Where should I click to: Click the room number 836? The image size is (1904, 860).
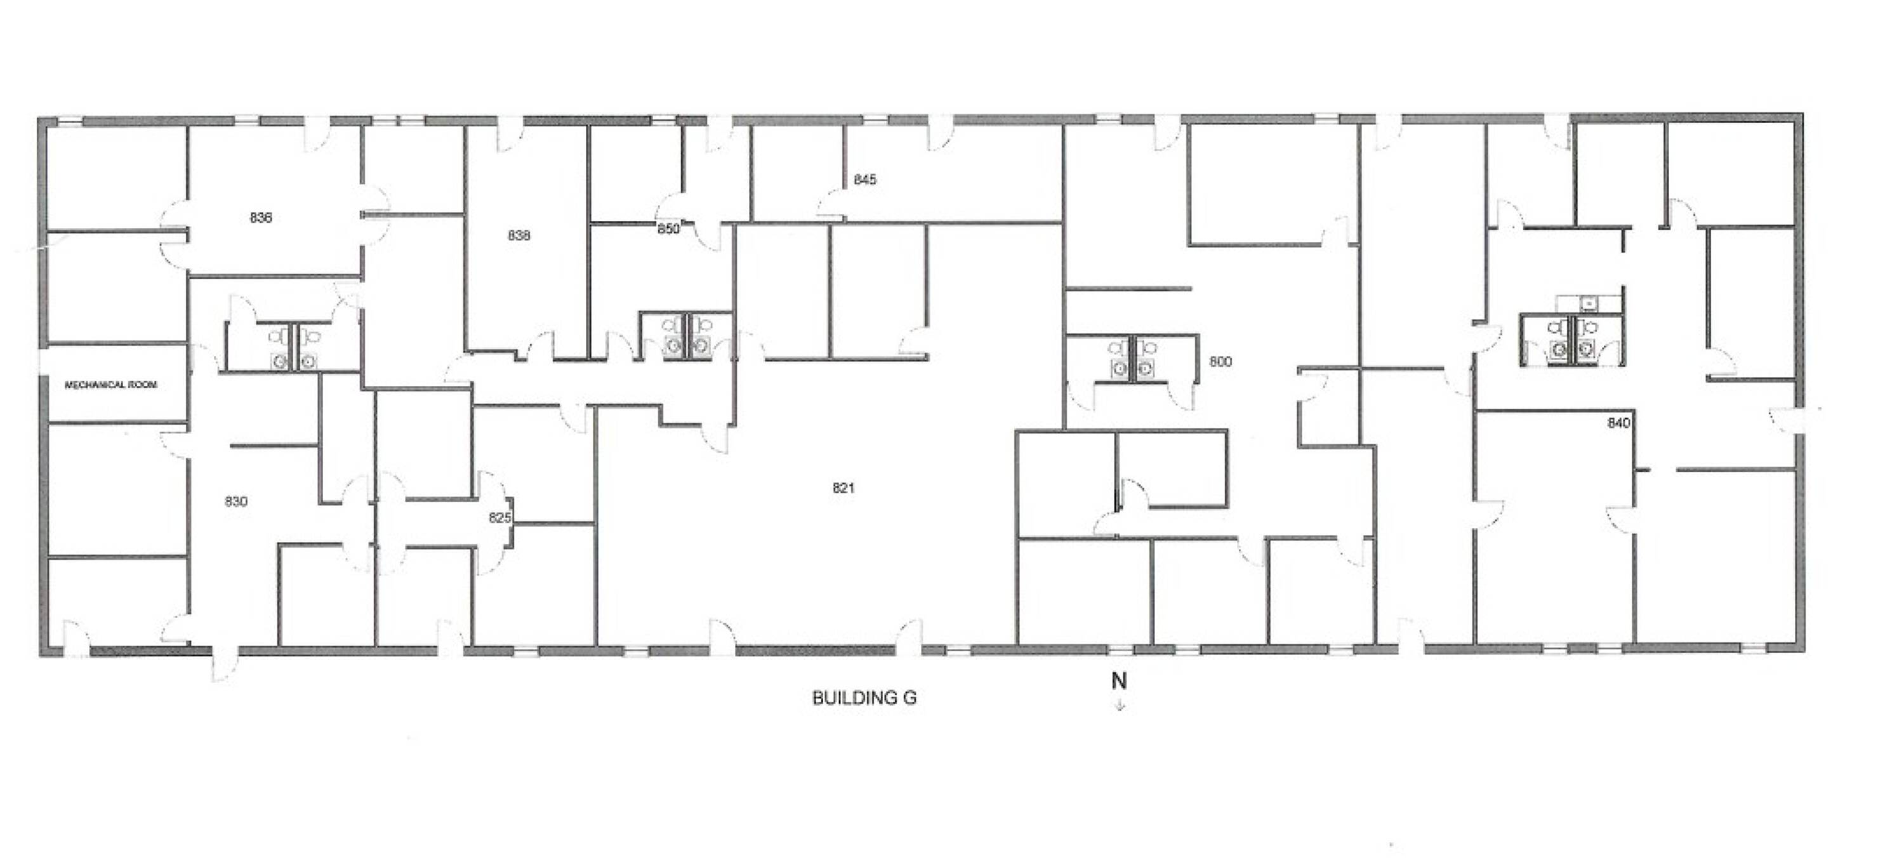click(x=260, y=218)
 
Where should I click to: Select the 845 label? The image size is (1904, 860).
click(x=865, y=180)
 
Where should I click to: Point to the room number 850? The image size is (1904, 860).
click(x=668, y=229)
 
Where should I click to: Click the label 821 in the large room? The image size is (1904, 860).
click(x=843, y=488)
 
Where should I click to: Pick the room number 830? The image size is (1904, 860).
click(x=236, y=502)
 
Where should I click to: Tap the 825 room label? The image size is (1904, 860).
click(x=499, y=518)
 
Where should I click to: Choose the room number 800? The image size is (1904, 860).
click(x=1220, y=362)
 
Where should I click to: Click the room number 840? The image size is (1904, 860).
click(x=1618, y=423)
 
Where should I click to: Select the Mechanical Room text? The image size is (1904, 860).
click(x=111, y=385)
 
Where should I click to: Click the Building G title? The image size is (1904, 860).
click(x=864, y=698)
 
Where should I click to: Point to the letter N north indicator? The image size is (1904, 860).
click(x=1119, y=681)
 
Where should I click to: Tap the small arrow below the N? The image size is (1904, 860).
click(x=1120, y=705)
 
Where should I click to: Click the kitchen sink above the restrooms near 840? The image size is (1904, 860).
click(x=1587, y=303)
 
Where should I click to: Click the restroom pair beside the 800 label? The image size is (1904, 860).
click(x=1132, y=359)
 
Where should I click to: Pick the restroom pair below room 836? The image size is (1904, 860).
click(x=293, y=348)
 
